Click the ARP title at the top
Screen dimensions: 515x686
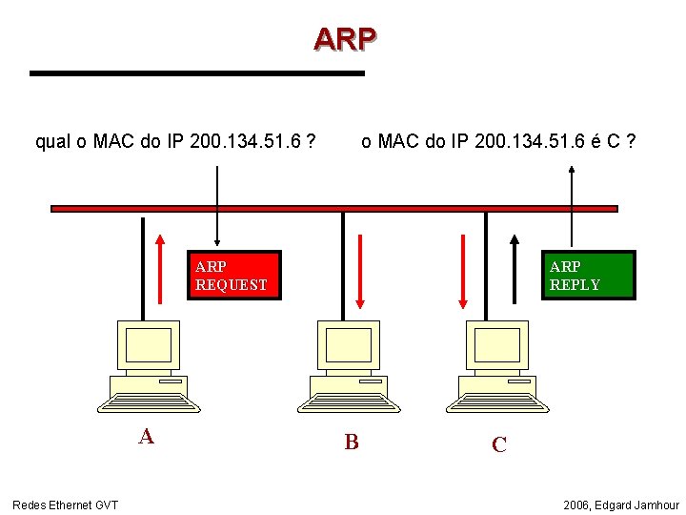pyautogui.click(x=345, y=39)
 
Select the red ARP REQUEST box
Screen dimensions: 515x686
pyautogui.click(x=233, y=276)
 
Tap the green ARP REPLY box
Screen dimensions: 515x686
pyautogui.click(x=588, y=276)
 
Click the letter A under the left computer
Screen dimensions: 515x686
pyautogui.click(x=146, y=437)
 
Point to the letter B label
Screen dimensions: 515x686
pyautogui.click(x=352, y=442)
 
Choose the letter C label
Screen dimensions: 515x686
pyautogui.click(x=498, y=444)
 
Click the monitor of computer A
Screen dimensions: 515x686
pyautogui.click(x=148, y=344)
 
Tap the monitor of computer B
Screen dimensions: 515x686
pyautogui.click(x=348, y=344)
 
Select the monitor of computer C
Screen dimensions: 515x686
pyautogui.click(x=496, y=344)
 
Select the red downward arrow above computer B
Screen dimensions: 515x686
pyautogui.click(x=360, y=271)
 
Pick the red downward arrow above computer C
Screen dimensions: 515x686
pyautogui.click(x=463, y=271)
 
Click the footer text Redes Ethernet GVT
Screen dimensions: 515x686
pyautogui.click(x=65, y=505)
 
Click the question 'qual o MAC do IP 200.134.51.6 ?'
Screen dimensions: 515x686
pyautogui.click(x=175, y=142)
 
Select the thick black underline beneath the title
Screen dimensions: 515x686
pyautogui.click(x=197, y=72)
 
